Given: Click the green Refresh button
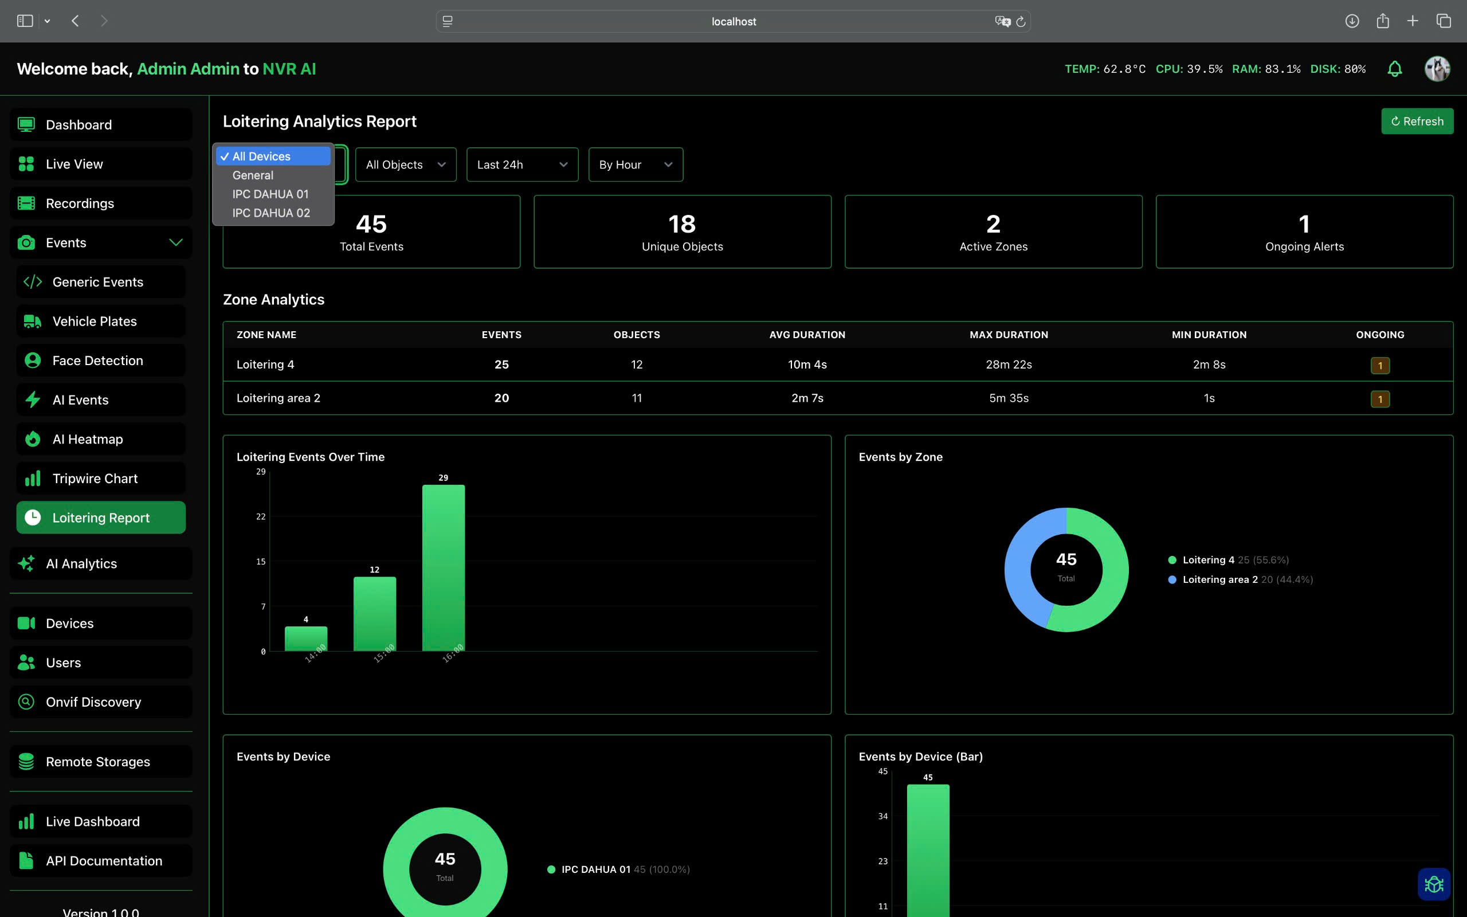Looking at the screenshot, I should pyautogui.click(x=1417, y=122).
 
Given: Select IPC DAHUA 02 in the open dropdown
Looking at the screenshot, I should pyautogui.click(x=271, y=213).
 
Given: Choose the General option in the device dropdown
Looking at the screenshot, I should pyautogui.click(x=253, y=175).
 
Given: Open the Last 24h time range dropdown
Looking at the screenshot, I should pyautogui.click(x=522, y=164).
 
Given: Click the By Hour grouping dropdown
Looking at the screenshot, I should pyautogui.click(x=636, y=164).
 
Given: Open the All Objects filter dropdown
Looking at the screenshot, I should pyautogui.click(x=406, y=164).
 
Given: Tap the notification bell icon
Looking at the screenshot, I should pyautogui.click(x=1394, y=69).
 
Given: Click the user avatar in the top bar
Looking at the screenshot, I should pyautogui.click(x=1437, y=69).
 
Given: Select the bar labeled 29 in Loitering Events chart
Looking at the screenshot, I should pyautogui.click(x=443, y=567).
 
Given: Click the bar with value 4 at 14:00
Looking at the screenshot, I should pyautogui.click(x=306, y=638).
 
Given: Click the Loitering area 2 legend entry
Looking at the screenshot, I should pyautogui.click(x=1219, y=579).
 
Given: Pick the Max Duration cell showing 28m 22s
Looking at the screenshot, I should pyautogui.click(x=1008, y=365).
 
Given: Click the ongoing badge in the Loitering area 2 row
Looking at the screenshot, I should pyautogui.click(x=1380, y=399).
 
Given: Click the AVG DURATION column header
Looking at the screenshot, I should pyautogui.click(x=807, y=335).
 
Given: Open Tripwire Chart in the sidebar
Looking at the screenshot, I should pyautogui.click(x=95, y=479).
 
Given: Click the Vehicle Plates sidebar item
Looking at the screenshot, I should pyautogui.click(x=95, y=322).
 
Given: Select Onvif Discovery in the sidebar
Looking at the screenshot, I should pyautogui.click(x=93, y=702).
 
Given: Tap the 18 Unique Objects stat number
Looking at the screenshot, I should pyautogui.click(x=682, y=225).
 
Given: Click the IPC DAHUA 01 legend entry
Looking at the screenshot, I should pyautogui.click(x=595, y=869).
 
